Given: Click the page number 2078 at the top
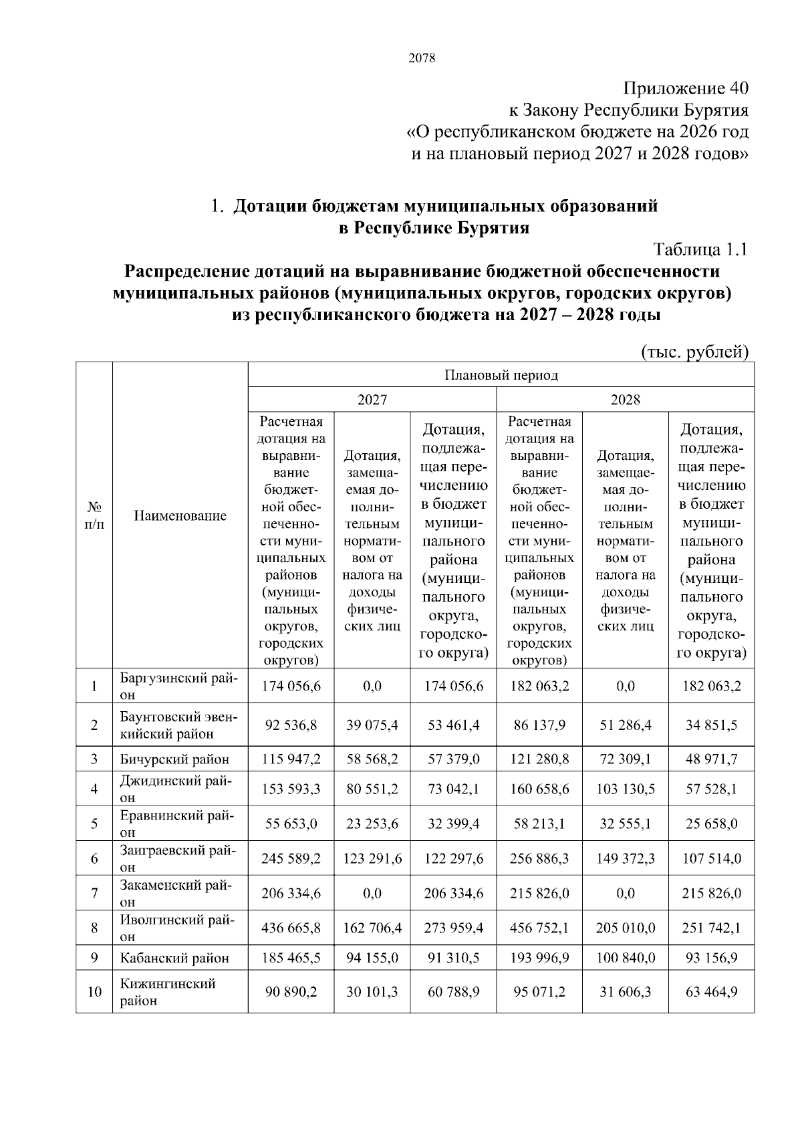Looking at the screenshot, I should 421,58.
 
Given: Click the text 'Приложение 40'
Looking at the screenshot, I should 686,88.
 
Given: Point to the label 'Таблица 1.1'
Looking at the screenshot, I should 700,250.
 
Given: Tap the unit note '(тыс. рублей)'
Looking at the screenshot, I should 694,352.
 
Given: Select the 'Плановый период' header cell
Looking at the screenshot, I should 501,375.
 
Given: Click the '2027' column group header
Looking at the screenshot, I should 372,400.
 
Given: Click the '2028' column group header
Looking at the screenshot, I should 625,400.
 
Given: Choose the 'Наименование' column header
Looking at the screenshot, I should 180,515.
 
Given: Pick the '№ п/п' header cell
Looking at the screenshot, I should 94,515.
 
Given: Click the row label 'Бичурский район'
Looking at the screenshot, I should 174,759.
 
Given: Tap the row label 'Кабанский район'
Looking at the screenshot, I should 174,958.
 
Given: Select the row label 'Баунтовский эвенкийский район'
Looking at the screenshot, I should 177,725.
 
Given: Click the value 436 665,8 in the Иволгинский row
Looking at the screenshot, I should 291,928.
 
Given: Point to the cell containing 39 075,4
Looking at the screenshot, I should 372,725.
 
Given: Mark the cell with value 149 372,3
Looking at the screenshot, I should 625,858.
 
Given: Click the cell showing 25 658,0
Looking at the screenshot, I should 711,824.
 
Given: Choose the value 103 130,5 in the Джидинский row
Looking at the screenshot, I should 625,789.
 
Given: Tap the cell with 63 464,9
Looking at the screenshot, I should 711,992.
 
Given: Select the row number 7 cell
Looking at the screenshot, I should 94,893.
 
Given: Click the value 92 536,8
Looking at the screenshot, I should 291,725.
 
